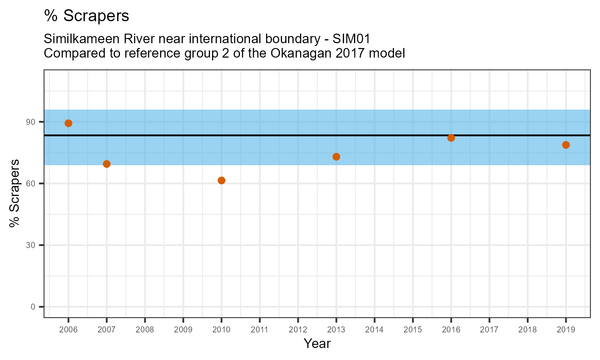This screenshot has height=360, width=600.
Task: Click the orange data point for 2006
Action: click(68, 123)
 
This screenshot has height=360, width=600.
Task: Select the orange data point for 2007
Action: click(107, 164)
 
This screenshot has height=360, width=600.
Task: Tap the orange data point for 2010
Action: click(222, 180)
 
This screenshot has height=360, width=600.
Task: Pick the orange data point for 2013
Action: click(336, 157)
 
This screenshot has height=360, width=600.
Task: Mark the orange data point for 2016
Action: click(451, 138)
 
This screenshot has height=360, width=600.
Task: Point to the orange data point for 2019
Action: click(566, 145)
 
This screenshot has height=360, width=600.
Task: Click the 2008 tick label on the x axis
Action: click(145, 330)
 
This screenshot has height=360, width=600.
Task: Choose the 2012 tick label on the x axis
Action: click(298, 330)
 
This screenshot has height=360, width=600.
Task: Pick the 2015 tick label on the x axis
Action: click(413, 330)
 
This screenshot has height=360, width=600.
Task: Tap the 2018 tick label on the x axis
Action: click(528, 330)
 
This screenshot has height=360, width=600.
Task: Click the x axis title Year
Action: click(317, 344)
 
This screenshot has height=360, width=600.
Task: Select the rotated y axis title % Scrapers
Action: click(15, 193)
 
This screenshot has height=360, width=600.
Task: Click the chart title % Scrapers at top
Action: click(86, 16)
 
